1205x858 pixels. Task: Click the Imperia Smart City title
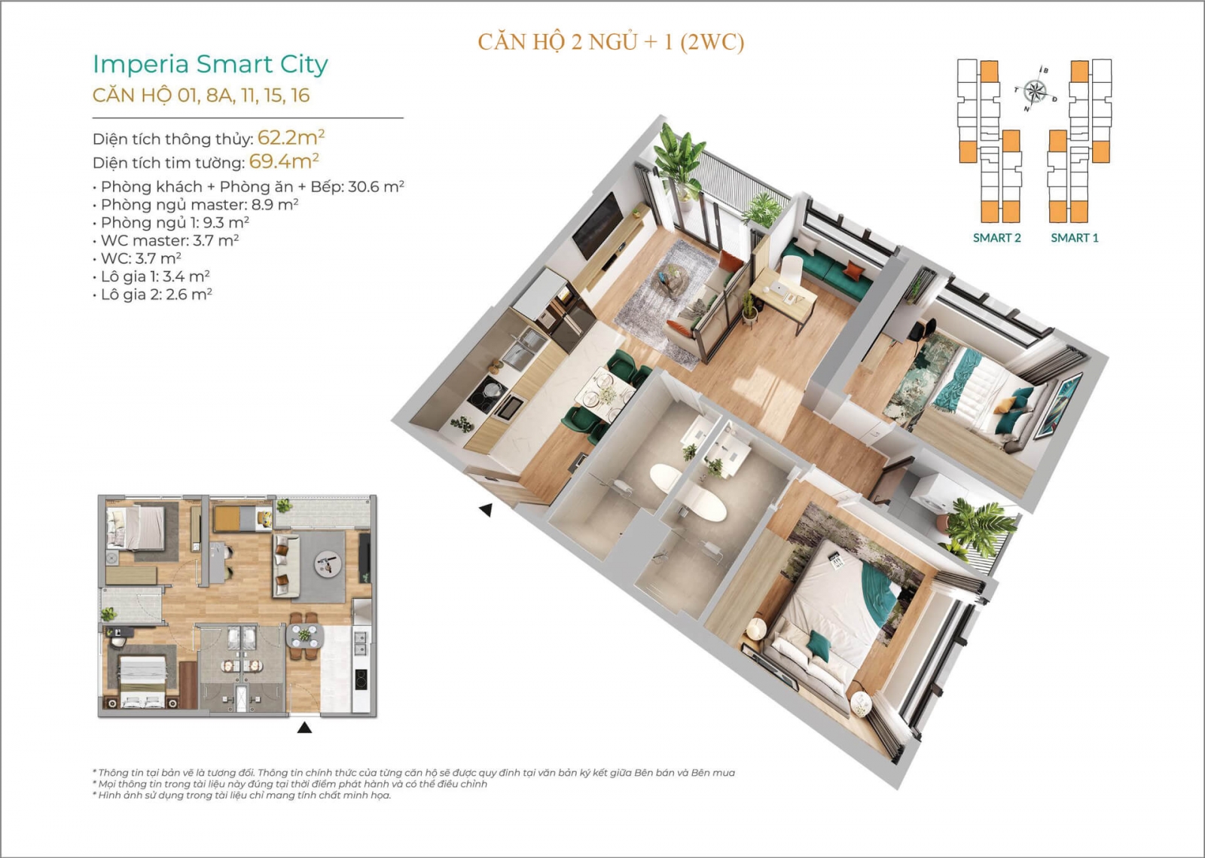point(210,64)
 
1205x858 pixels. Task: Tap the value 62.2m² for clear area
point(291,138)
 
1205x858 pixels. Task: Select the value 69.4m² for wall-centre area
point(284,161)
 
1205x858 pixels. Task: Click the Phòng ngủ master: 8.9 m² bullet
point(196,204)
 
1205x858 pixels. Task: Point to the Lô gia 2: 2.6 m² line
point(153,295)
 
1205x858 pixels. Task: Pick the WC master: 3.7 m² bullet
point(166,240)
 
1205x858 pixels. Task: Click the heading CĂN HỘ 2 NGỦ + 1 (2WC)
point(611,42)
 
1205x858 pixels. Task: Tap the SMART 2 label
point(997,238)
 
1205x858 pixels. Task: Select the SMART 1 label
point(1075,238)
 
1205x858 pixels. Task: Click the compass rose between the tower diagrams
point(1035,90)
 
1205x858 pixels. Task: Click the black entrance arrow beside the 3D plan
point(486,509)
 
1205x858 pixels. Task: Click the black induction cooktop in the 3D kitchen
point(487,394)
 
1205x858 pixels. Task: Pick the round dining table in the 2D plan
point(305,637)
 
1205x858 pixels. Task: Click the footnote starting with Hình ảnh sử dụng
point(242,795)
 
